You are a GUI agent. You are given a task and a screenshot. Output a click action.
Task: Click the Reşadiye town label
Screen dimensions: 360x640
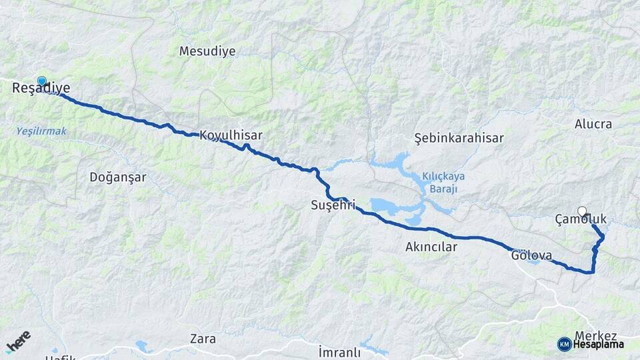[41, 88]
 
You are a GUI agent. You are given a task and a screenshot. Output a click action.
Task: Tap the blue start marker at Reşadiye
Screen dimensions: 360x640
[42, 81]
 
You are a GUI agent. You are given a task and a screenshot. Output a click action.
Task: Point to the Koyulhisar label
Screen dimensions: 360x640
[231, 135]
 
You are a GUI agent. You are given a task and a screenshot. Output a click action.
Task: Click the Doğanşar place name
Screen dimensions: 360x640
[117, 177]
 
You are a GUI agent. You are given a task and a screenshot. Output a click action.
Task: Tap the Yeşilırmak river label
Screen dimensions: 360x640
[41, 131]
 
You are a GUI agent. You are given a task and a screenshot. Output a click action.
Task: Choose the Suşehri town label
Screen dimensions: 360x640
[333, 205]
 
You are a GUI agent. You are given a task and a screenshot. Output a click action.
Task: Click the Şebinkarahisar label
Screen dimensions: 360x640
[459, 138]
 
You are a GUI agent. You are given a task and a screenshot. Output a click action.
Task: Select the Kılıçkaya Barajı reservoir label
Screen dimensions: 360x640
[443, 182]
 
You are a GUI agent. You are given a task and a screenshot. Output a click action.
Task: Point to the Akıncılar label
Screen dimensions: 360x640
[431, 247]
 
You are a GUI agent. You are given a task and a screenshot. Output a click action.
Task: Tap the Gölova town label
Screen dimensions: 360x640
[531, 255]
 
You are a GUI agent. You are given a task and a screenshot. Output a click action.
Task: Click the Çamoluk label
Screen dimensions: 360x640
[581, 219]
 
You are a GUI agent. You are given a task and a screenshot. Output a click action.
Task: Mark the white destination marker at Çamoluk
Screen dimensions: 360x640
[582, 211]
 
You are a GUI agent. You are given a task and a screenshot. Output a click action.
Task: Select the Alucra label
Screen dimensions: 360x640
[593, 124]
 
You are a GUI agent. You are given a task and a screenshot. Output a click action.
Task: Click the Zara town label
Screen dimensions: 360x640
[203, 339]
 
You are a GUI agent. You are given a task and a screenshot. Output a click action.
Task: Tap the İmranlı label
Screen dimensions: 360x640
[339, 351]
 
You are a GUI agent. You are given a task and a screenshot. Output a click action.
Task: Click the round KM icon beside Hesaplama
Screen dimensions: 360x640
[564, 344]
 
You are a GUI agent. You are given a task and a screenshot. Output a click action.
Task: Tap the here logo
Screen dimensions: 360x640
[18, 341]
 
